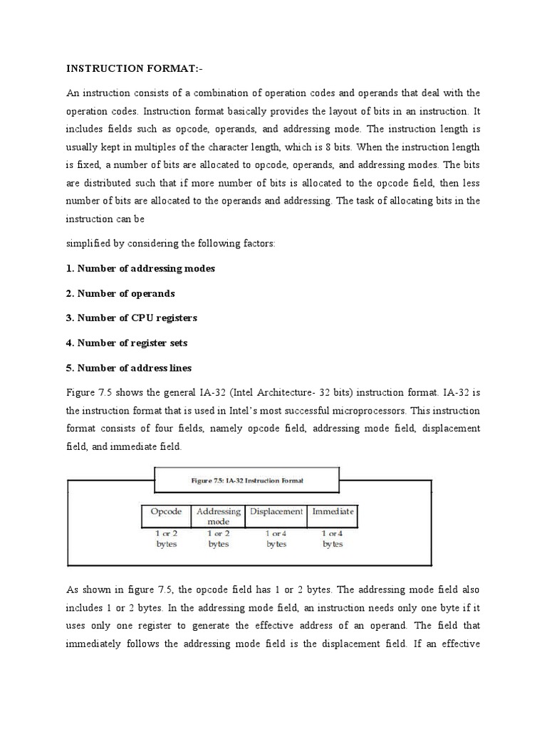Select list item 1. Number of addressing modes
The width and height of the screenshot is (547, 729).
pyautogui.click(x=140, y=268)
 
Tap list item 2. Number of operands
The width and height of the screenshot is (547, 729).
pyautogui.click(x=120, y=293)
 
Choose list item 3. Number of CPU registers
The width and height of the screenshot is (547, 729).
pyautogui.click(x=132, y=318)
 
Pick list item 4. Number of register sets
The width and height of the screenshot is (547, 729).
pyautogui.click(x=127, y=342)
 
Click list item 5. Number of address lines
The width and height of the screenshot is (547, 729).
pyautogui.click(x=129, y=367)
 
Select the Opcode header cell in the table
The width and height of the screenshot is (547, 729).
pyautogui.click(x=167, y=512)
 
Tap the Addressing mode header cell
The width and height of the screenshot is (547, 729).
pyautogui.click(x=218, y=516)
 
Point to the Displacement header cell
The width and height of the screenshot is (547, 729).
pyautogui.click(x=276, y=512)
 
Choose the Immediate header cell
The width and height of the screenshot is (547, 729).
pyautogui.click(x=332, y=512)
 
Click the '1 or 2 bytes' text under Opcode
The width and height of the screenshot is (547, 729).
pyautogui.click(x=167, y=538)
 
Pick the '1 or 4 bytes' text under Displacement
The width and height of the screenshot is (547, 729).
pyautogui.click(x=276, y=538)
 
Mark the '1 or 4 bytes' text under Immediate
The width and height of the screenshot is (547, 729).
pyautogui.click(x=332, y=538)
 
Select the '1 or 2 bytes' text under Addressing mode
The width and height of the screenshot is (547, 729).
pyautogui.click(x=218, y=538)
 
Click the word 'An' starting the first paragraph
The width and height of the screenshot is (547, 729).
pyautogui.click(x=73, y=93)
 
